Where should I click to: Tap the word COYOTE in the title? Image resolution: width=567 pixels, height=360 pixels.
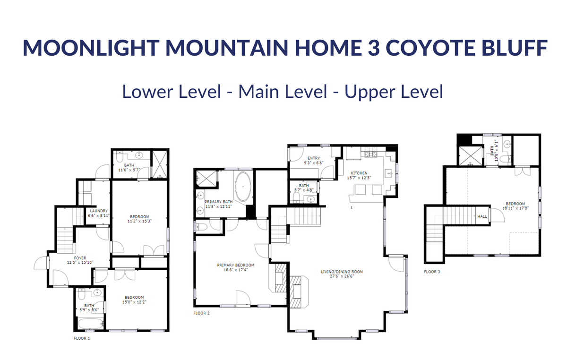point(430,47)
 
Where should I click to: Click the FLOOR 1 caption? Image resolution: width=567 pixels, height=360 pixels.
point(82,338)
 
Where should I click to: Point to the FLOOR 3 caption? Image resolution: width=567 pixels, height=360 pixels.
point(432,272)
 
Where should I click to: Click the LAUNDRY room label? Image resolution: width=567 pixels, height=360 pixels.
point(99,211)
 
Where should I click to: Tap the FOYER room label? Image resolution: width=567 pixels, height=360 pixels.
point(80,258)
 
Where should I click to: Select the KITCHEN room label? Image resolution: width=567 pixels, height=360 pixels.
point(359,173)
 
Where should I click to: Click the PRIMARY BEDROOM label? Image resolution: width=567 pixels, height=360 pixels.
point(236,266)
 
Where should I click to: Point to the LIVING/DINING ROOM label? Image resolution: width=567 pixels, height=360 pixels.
point(342,272)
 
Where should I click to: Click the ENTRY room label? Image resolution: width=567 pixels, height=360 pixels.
point(314,158)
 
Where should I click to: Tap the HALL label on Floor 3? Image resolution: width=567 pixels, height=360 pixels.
point(482,216)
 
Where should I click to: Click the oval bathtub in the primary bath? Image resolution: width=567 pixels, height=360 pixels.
point(243,187)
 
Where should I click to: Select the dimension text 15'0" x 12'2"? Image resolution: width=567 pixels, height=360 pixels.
point(134,302)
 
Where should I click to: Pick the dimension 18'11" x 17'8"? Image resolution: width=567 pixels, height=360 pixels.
point(515,208)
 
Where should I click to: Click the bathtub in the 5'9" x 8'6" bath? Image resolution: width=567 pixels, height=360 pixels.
point(90,324)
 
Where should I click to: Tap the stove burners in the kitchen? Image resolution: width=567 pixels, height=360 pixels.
point(371,154)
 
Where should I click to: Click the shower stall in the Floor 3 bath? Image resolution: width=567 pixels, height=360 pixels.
point(471,156)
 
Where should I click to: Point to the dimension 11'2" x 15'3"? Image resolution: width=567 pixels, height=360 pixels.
point(139,221)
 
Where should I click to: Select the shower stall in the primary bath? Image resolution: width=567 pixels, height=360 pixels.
point(207,179)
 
